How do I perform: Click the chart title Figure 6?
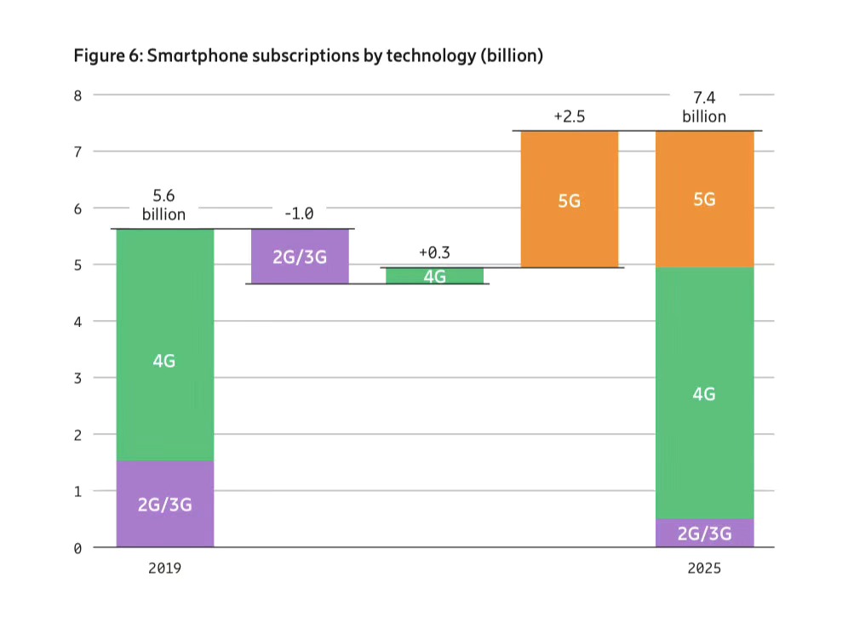[308, 56]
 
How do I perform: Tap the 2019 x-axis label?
[164, 568]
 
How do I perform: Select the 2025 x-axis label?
[704, 568]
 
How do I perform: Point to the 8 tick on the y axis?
[77, 95]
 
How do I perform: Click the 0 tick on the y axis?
[77, 548]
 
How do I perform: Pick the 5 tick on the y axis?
[77, 265]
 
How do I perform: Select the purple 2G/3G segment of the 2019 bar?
[164, 504]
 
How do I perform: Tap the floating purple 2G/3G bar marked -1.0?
[300, 255]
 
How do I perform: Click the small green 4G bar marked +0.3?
[434, 276]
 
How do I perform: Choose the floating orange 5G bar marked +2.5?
[569, 199]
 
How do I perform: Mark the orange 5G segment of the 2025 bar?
[704, 199]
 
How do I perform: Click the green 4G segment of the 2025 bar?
[704, 393]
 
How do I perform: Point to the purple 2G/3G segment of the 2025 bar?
[704, 534]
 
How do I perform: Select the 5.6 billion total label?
[163, 204]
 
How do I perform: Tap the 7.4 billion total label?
[704, 108]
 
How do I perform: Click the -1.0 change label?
[299, 214]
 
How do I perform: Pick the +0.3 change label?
[434, 253]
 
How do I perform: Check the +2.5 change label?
[569, 117]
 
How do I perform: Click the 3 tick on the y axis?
[77, 378]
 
